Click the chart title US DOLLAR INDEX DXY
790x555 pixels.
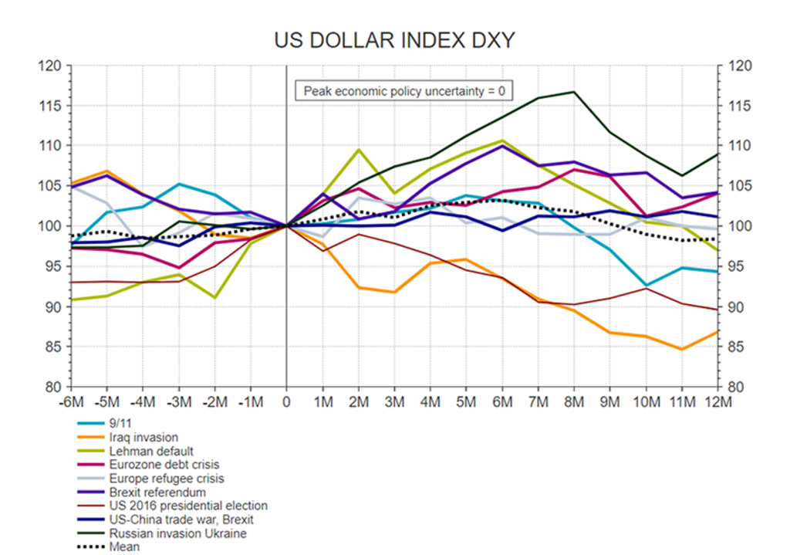394,40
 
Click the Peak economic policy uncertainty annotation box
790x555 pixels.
404,91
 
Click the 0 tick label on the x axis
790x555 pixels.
286,402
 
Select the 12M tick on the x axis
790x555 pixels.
717,402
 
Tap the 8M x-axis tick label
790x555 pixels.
574,402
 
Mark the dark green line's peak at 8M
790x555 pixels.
574,92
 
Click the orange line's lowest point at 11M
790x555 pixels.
682,349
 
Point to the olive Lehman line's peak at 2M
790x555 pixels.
359,150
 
